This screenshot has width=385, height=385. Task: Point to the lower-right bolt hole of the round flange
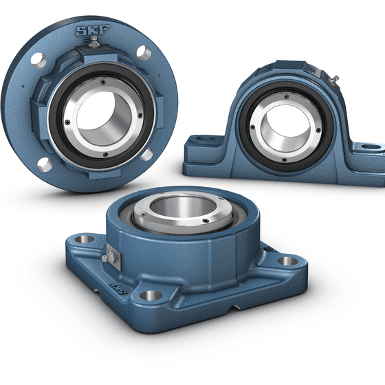146,154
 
